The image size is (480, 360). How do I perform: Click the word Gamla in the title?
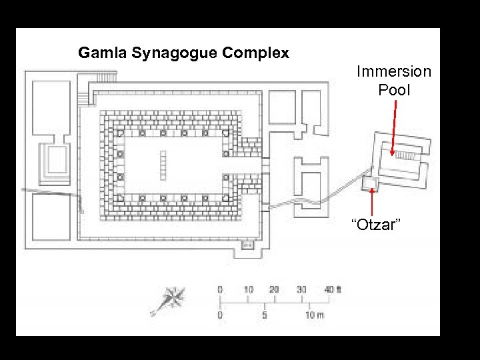[x=97, y=53]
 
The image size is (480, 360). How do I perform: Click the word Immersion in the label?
[x=393, y=71]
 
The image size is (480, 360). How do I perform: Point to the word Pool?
[x=394, y=89]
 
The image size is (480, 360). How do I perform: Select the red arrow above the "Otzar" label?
[x=371, y=202]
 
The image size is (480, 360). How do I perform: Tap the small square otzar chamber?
[x=371, y=184]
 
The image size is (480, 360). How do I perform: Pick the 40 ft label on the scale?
[x=332, y=289]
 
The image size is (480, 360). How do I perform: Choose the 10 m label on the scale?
[x=314, y=315]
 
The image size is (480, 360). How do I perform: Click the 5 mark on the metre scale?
[x=265, y=315]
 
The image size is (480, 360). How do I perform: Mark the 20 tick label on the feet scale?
[x=274, y=289]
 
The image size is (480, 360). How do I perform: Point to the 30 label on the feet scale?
[x=301, y=289]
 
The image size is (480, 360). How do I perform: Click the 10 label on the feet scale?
[x=248, y=289]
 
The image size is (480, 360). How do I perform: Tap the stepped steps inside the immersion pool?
[x=405, y=155]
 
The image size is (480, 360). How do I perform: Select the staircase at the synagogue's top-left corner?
[x=83, y=99]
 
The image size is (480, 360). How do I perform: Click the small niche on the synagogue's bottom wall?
[x=246, y=245]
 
